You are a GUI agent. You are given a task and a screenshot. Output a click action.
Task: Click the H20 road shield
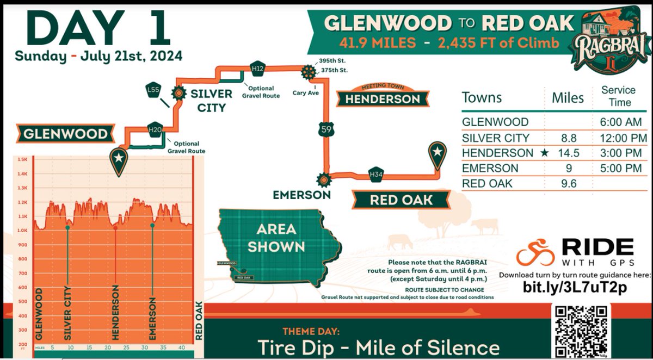(155, 129)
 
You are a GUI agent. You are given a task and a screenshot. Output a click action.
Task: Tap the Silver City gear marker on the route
(178, 93)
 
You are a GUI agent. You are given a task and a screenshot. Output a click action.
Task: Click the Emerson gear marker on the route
(323, 178)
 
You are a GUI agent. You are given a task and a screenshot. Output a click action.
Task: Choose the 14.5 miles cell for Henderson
(568, 153)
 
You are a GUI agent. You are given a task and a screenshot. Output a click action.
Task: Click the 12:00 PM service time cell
(618, 138)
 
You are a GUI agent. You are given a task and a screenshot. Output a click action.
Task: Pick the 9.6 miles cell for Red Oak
(568, 183)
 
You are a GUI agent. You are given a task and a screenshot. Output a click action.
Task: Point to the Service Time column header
(618, 96)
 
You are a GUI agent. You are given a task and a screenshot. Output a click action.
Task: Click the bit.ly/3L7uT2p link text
(575, 287)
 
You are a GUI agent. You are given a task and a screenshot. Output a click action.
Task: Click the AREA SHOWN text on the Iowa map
(276, 238)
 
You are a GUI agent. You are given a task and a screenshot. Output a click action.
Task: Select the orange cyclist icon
(535, 253)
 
